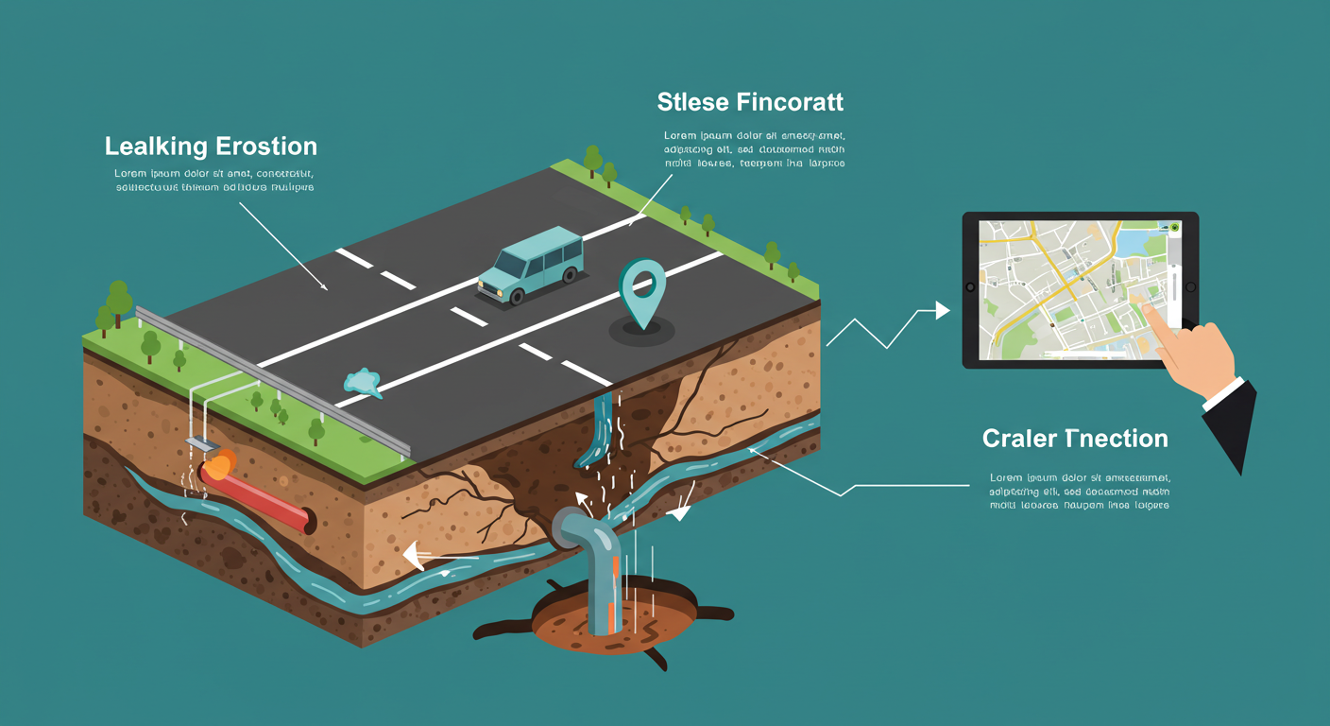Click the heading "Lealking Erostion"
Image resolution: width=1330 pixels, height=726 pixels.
[211, 147]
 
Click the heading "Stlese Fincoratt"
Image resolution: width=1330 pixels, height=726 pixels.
[750, 101]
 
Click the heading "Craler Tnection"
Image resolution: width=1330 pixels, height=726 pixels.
[1075, 439]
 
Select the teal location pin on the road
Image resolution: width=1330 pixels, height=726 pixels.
[642, 287]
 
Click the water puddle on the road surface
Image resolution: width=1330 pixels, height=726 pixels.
[361, 382]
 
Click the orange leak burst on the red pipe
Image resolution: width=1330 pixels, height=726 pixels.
[219, 465]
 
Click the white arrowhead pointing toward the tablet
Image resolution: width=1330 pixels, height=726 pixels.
[942, 310]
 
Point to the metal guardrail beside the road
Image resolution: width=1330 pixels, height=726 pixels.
[274, 378]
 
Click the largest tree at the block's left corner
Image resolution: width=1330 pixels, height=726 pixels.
[119, 301]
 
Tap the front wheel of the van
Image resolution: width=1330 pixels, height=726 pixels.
[517, 297]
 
